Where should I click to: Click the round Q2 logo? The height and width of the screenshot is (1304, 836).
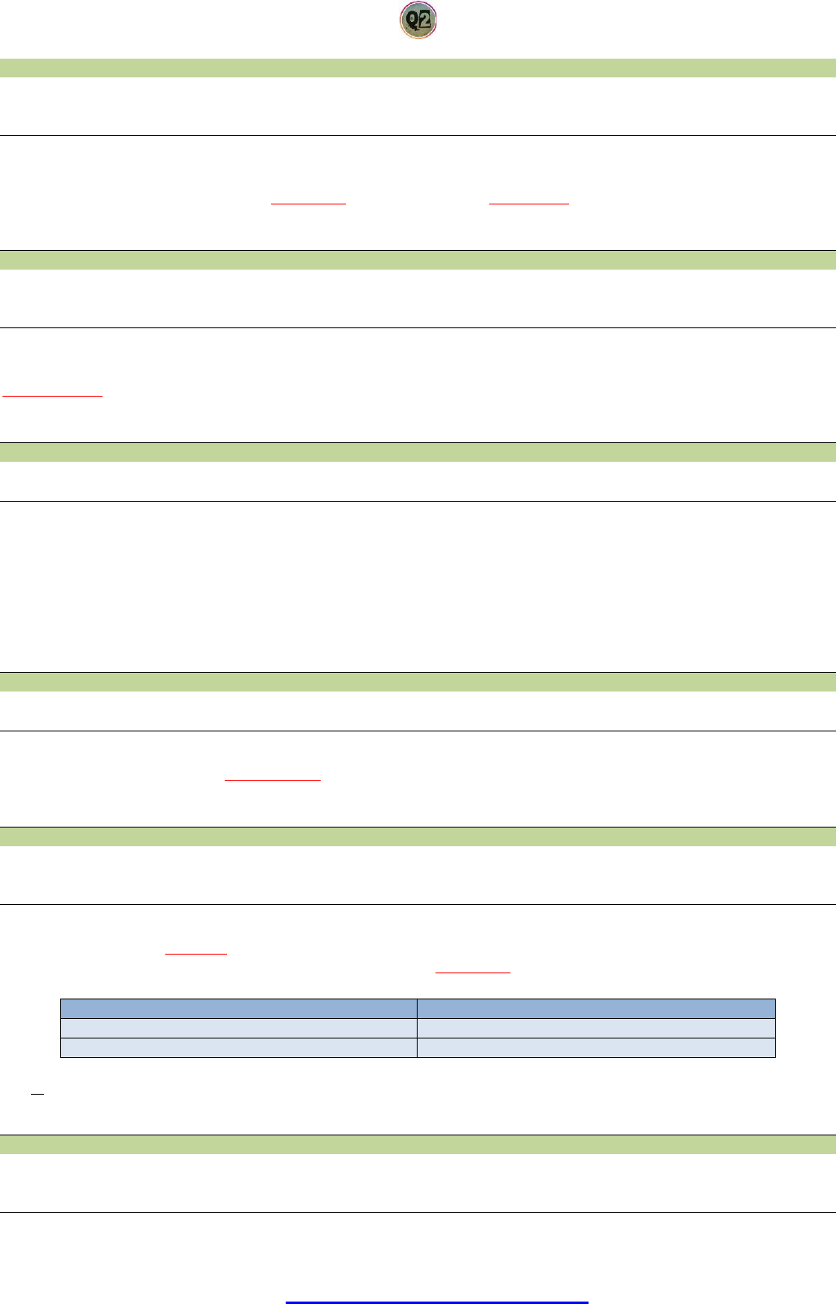point(418,20)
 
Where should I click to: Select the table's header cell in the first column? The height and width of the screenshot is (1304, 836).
point(239,1008)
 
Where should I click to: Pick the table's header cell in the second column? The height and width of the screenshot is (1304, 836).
point(596,1008)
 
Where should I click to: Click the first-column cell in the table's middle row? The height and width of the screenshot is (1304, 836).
point(239,1028)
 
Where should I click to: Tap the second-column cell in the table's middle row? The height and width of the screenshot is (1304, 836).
point(596,1028)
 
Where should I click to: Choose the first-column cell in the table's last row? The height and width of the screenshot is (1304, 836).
point(239,1047)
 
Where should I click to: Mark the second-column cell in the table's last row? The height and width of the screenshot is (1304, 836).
point(596,1047)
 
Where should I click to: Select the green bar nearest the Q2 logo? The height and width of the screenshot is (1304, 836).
point(418,68)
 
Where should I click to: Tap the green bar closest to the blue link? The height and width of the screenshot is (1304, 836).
point(418,1144)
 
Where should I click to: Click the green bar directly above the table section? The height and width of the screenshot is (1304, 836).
point(418,836)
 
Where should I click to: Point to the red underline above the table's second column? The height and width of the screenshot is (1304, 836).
point(473,972)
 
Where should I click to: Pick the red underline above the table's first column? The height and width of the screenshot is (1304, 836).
point(195,952)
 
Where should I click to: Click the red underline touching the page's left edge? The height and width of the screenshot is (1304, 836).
point(53,395)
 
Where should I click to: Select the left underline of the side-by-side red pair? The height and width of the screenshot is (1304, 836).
point(309,202)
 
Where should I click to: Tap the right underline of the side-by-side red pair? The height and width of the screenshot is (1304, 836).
point(529,202)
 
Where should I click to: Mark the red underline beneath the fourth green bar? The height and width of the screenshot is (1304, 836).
point(272,779)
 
